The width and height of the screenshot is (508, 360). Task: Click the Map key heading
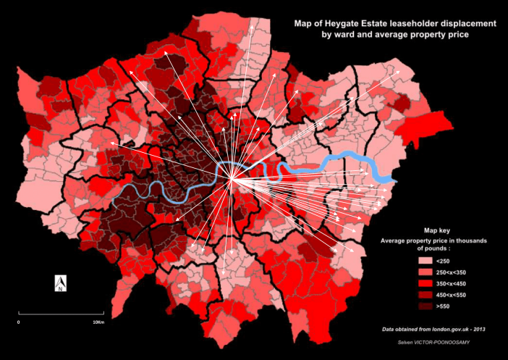coord(434,230)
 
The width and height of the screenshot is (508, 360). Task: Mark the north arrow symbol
coord(61,283)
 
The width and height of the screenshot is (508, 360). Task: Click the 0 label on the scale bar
coord(19,321)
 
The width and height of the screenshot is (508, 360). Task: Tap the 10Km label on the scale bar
coord(98,321)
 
